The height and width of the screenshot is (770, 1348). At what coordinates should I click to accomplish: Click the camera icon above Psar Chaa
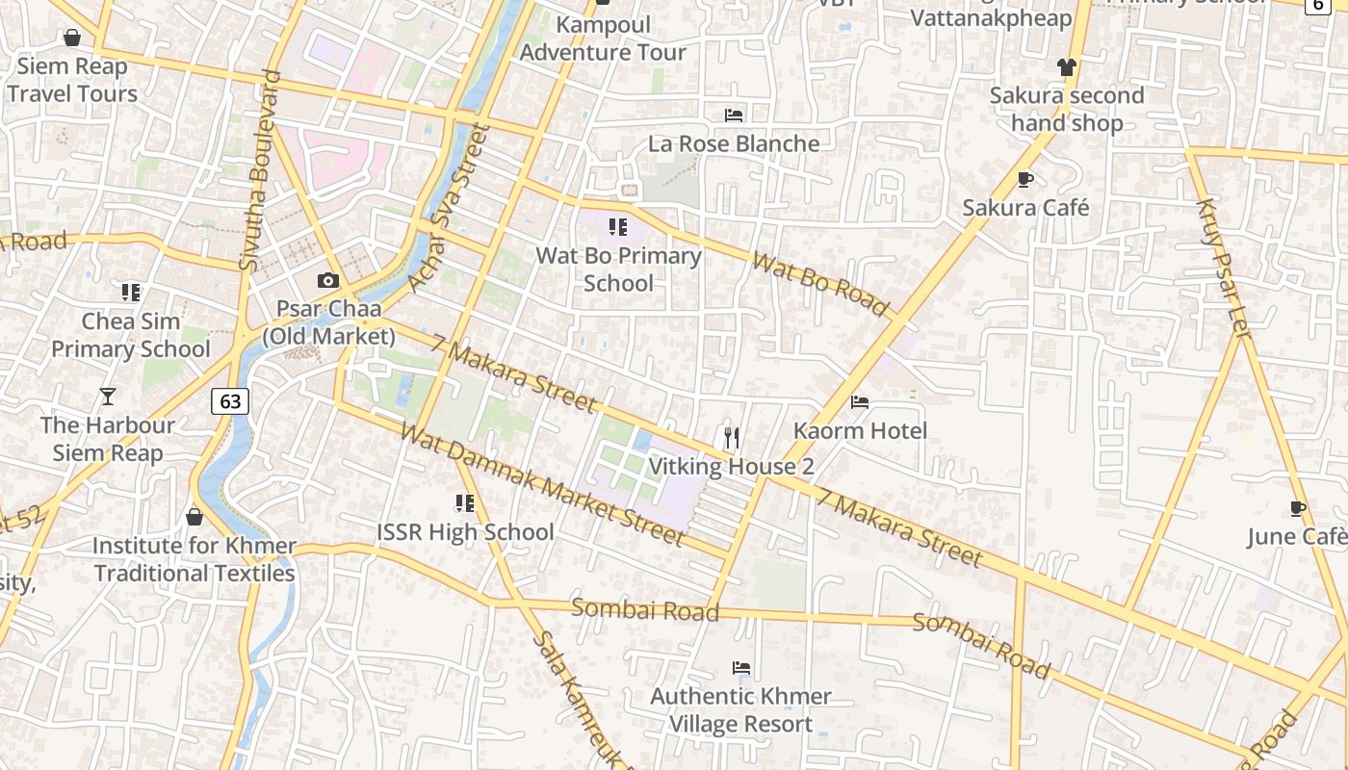tap(328, 281)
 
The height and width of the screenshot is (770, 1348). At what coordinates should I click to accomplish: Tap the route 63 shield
tap(230, 400)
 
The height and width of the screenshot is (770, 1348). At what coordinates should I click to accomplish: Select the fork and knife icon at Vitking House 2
tap(732, 438)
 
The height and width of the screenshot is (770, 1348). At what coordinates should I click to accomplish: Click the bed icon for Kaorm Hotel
tap(860, 401)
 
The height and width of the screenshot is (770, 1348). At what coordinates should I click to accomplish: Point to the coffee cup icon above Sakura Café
tap(1025, 179)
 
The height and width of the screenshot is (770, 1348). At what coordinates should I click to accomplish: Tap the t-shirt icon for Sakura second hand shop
tap(1066, 66)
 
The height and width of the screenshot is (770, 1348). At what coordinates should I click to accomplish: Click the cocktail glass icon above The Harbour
tap(108, 396)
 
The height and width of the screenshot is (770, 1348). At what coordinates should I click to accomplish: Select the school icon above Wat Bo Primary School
tap(618, 227)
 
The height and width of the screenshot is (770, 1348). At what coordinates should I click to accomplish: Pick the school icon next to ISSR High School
tap(465, 502)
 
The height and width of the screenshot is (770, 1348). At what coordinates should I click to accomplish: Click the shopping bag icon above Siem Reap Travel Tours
tap(71, 38)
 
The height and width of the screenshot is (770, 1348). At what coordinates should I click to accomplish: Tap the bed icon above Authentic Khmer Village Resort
tap(740, 667)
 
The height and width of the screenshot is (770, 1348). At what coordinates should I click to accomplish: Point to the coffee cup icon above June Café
tap(1298, 508)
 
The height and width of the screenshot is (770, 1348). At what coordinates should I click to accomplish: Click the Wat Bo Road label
tap(820, 284)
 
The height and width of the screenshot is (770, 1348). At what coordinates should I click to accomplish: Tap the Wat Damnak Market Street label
tap(541, 484)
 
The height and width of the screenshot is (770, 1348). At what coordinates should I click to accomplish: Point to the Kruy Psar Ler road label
tap(1223, 268)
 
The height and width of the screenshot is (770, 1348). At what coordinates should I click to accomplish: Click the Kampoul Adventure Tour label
tap(604, 38)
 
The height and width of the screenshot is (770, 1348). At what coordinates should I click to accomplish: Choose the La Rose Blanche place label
tap(734, 143)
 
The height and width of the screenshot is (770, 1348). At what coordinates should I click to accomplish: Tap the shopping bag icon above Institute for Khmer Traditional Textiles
tap(194, 517)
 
